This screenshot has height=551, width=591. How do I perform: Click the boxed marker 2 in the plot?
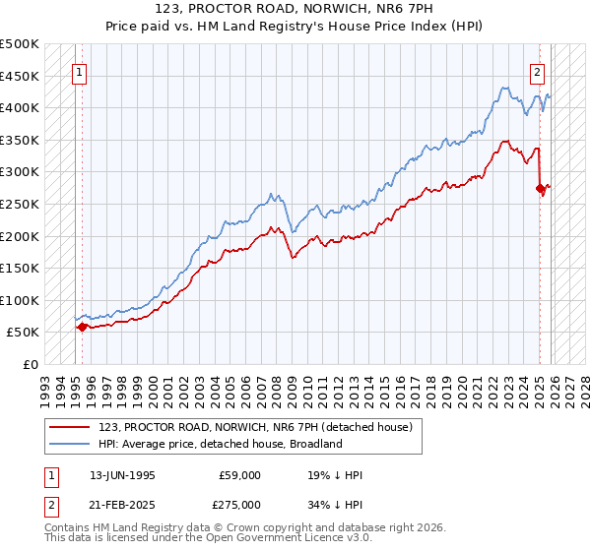coord(538,72)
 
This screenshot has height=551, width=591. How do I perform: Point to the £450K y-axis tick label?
coord(20,76)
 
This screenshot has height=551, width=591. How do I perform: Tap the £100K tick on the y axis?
coord(20,300)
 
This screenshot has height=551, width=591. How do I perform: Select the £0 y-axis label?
coord(32,364)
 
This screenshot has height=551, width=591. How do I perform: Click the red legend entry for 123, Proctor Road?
coord(260,427)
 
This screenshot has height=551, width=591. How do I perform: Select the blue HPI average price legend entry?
coord(220,444)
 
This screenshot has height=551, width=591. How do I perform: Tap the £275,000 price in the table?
coord(240,504)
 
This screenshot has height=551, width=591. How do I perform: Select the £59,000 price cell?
coord(240,475)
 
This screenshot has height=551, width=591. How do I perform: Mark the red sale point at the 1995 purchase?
coord(82,327)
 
